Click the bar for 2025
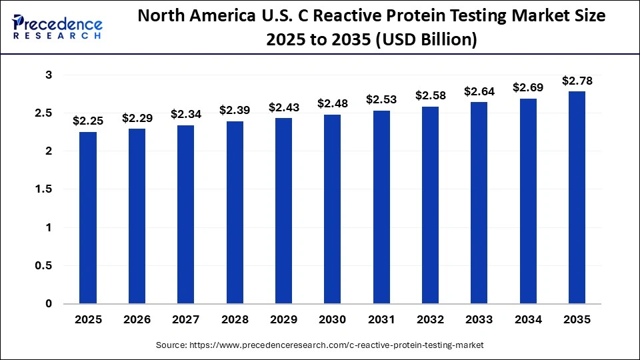pos(88,218)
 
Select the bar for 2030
pos(333,209)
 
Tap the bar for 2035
pos(577,198)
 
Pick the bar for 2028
pos(235,213)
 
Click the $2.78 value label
pos(577,81)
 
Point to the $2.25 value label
pos(88,121)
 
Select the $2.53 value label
pos(381,100)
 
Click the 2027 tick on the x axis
pos(186,320)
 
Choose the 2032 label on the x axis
pos(431,320)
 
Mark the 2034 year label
pos(528,320)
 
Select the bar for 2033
pos(479,203)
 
